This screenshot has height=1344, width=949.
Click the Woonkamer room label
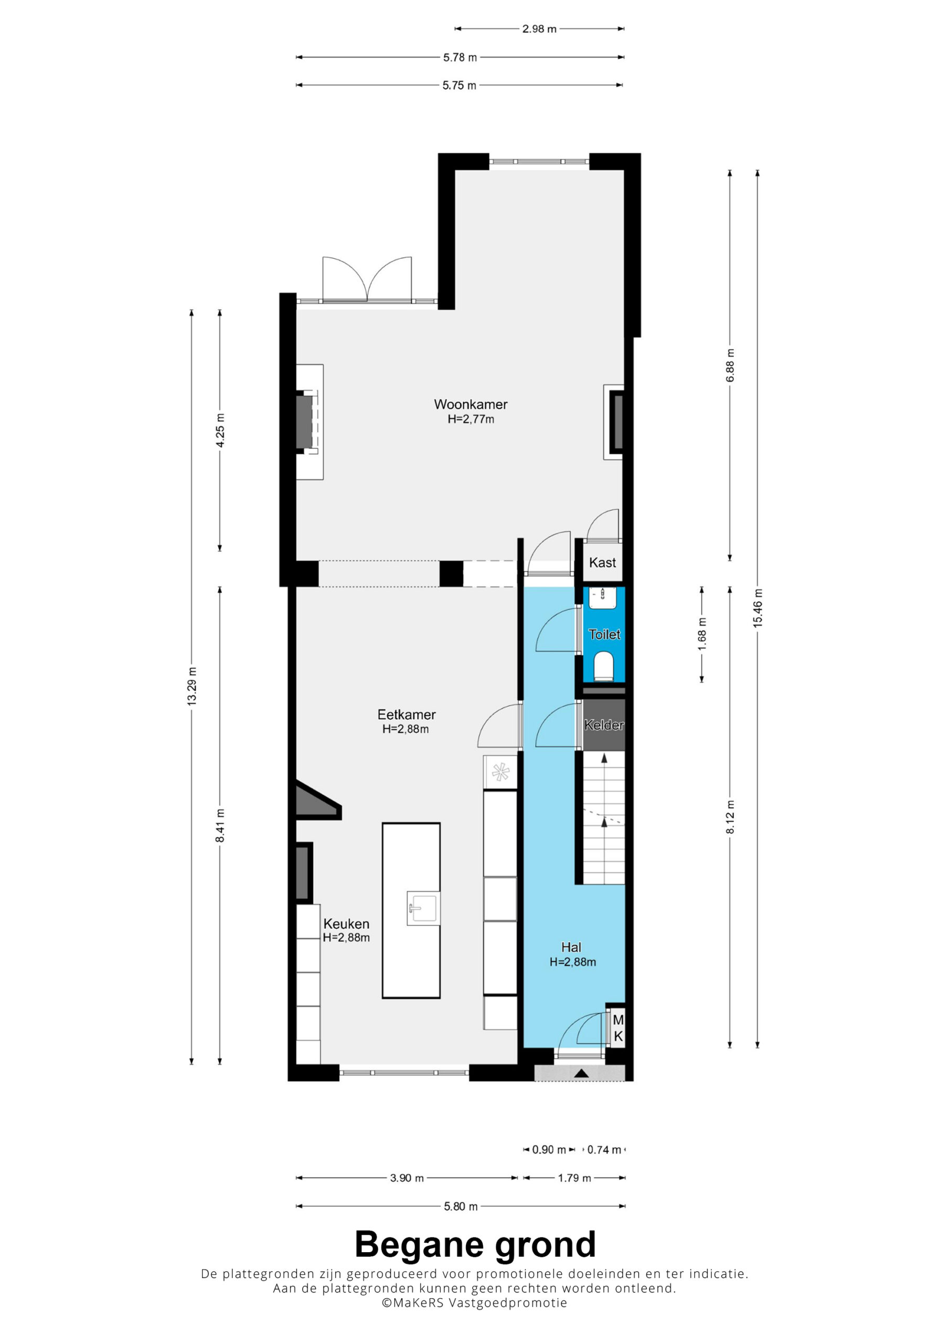(471, 404)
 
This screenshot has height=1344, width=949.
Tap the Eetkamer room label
(406, 715)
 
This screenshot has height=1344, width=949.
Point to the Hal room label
(571, 948)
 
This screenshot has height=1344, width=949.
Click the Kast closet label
(603, 562)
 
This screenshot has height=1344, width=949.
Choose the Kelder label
(604, 725)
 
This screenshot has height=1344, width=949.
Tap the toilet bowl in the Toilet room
(604, 667)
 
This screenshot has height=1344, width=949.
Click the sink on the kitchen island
(423, 909)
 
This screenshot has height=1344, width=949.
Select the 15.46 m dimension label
(758, 609)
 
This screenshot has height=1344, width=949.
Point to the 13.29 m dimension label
(192, 687)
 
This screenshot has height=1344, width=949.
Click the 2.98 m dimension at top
(539, 29)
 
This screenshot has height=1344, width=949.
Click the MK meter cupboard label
(618, 1028)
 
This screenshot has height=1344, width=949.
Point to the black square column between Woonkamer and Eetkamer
(451, 574)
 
